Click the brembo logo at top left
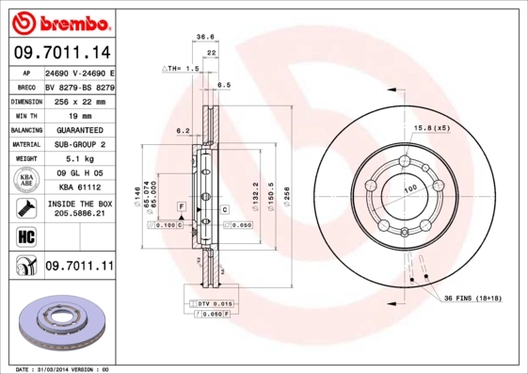[58, 21]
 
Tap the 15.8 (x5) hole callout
[432, 127]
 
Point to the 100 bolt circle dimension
[410, 189]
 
